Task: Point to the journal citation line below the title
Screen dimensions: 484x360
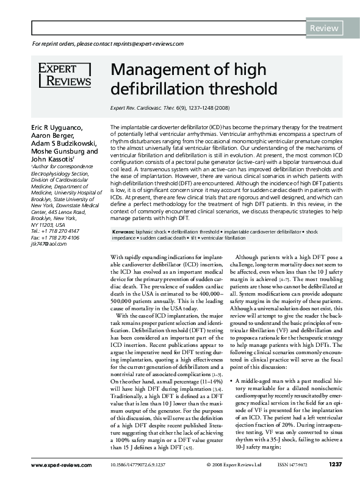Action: pos(170,108)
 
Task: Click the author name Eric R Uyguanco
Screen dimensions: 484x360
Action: pos(59,127)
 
